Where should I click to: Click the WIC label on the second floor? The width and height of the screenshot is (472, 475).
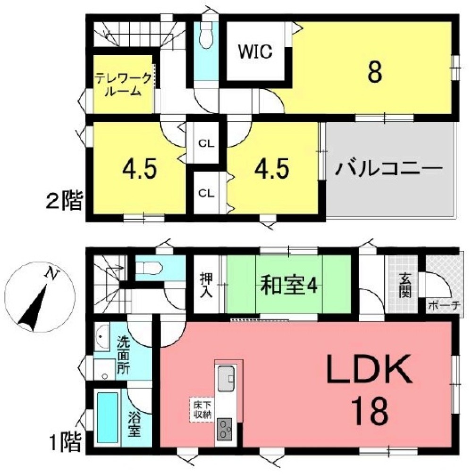(255, 51)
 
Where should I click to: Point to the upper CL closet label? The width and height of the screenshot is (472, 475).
(206, 143)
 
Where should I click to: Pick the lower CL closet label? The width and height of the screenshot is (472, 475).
(206, 193)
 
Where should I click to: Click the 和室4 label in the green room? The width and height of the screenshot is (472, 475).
(289, 285)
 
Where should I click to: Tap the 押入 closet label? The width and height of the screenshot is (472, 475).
(207, 285)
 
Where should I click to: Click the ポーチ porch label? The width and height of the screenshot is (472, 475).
(444, 305)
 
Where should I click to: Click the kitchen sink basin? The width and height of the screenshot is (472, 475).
(226, 378)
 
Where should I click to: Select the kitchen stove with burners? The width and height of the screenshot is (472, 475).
(225, 429)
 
